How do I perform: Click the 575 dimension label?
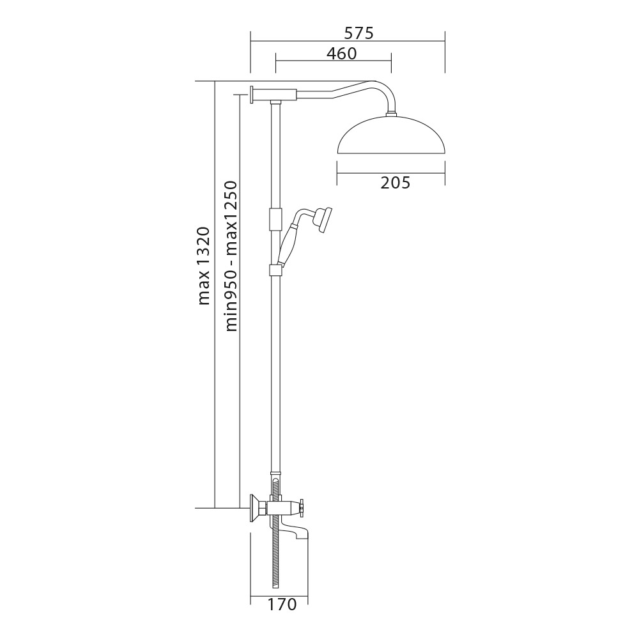(358, 33)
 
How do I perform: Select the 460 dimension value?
(341, 54)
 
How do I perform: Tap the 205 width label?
(396, 183)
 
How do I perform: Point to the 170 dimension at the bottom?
(282, 604)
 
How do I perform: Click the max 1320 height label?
(204, 266)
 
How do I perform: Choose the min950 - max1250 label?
(231, 256)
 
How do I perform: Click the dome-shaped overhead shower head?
(392, 135)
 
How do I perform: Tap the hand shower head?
(325, 220)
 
